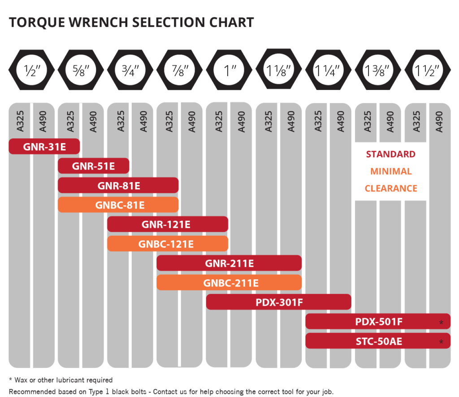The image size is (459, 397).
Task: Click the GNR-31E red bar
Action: point(44,146)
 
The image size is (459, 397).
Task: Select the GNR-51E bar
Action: point(93,166)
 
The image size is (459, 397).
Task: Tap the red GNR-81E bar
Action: point(118,185)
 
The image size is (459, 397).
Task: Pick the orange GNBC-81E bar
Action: point(118,205)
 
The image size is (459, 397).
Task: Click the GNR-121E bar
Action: point(167,224)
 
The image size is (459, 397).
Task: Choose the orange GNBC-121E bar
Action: point(167,244)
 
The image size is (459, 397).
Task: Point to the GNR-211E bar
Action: point(229,263)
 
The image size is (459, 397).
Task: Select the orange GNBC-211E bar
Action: point(229,283)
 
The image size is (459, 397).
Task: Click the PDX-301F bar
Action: point(278,302)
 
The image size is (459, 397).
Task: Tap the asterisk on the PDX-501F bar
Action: point(442,322)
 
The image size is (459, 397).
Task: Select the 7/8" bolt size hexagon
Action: point(179,70)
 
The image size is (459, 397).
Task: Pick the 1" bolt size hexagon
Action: point(229,70)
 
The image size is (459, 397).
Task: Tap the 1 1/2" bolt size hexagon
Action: point(427,70)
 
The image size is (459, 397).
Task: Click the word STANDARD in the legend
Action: point(390,154)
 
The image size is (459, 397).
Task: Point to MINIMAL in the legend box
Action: point(390,171)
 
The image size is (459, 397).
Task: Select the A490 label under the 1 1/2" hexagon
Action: point(439,121)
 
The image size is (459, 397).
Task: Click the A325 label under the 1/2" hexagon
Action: point(21,121)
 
